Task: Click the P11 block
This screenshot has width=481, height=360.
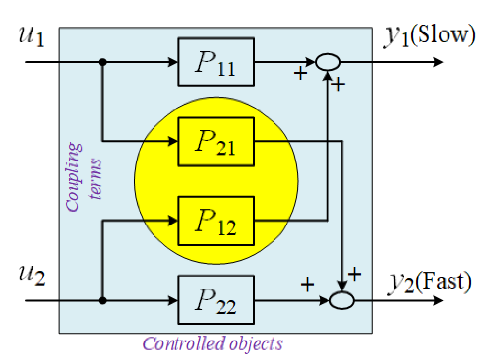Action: tap(216, 62)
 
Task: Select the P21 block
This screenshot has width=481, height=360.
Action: tap(216, 142)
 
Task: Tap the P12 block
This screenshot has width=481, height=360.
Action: tap(216, 221)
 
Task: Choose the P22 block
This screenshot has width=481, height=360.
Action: tap(216, 300)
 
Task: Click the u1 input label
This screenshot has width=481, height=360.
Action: tap(31, 36)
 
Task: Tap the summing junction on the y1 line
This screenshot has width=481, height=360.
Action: tap(328, 62)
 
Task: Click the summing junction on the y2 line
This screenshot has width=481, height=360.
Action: tap(342, 300)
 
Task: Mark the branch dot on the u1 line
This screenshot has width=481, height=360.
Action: tap(102, 62)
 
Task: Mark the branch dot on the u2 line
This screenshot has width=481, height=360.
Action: tap(102, 300)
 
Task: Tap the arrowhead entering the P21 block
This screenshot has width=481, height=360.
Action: tap(173, 141)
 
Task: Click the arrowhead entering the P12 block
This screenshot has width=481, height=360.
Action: tap(173, 221)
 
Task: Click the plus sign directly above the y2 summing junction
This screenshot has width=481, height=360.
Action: tap(354, 275)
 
